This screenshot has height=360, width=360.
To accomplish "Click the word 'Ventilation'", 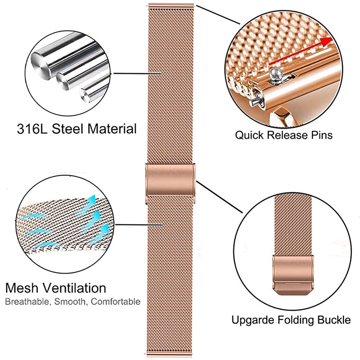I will coord(77,288).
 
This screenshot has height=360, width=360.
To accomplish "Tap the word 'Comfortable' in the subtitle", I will coord(117,301).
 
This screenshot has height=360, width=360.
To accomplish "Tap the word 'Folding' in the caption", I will coord(294,321).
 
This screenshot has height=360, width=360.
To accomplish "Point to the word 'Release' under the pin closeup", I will coord(286,135).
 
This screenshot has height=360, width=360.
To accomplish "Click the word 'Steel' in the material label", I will coord(67,129).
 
